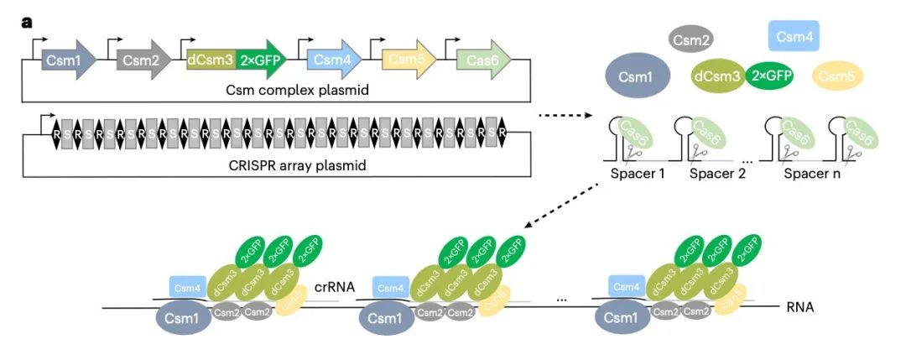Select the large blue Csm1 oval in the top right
click(638, 76)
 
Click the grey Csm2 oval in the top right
click(690, 37)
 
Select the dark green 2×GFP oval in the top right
click(769, 76)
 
